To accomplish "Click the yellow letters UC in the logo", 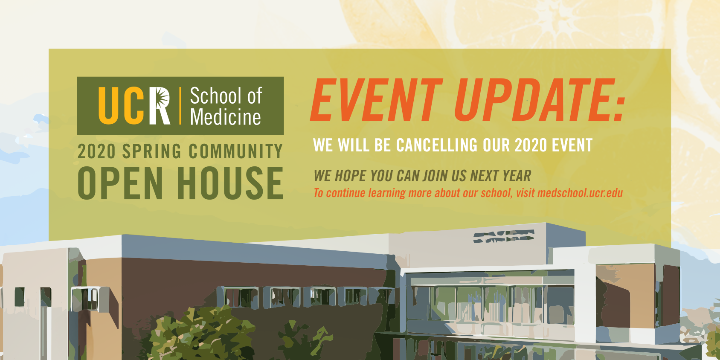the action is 121,105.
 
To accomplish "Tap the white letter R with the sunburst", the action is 160,105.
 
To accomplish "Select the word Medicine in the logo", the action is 226,116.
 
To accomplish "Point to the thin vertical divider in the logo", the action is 180,105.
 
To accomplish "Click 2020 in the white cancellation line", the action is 531,145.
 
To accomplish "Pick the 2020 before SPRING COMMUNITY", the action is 96,151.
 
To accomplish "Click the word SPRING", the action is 152,151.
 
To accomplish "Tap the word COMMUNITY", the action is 235,151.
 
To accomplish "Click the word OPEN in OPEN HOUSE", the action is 120,183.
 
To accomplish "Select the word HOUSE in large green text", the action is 230,183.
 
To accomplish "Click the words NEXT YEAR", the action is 500,176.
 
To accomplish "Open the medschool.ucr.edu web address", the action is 580,193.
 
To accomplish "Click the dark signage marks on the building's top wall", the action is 504,236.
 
